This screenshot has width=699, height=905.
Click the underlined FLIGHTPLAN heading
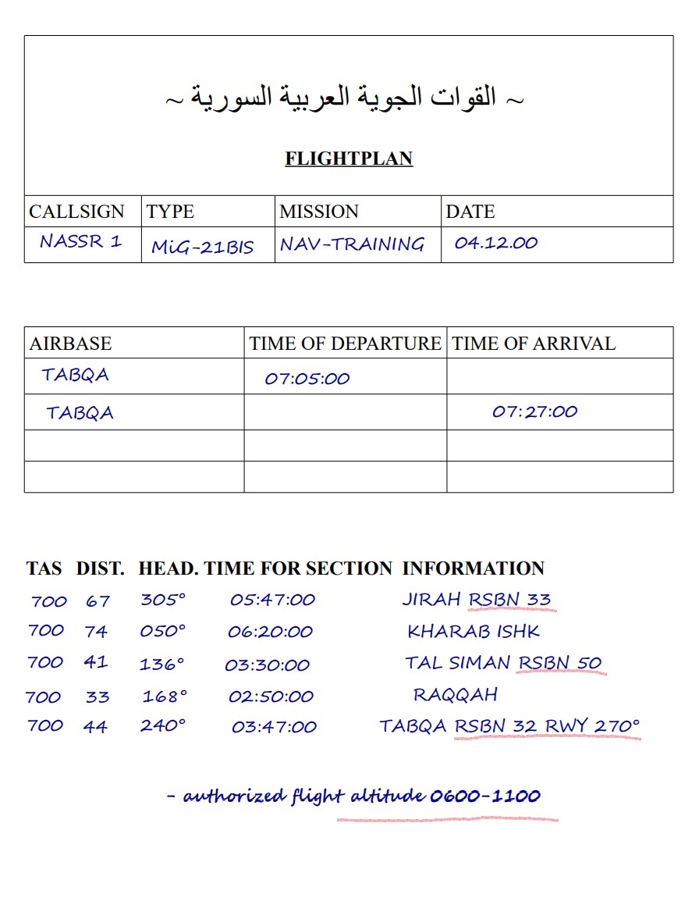pyautogui.click(x=349, y=159)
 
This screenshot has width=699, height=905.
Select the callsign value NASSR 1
pyautogui.click(x=80, y=241)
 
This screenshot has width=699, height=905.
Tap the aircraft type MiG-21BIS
pyautogui.click(x=203, y=247)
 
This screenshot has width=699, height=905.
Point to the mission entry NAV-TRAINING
pyautogui.click(x=352, y=244)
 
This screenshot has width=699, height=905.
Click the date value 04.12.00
pyautogui.click(x=496, y=243)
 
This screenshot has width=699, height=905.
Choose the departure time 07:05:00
pyautogui.click(x=307, y=379)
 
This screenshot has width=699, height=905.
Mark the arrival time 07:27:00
pyautogui.click(x=534, y=412)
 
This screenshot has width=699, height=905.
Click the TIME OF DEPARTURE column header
pyautogui.click(x=345, y=344)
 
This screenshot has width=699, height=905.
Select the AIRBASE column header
pyautogui.click(x=70, y=344)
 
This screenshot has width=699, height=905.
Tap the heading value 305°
pyautogui.click(x=163, y=600)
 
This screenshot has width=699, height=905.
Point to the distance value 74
pyautogui.click(x=96, y=632)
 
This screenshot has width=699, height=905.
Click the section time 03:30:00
pyautogui.click(x=267, y=665)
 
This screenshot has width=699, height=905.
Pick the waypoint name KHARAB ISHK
pyautogui.click(x=474, y=631)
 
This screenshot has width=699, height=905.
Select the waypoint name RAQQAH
pyautogui.click(x=455, y=694)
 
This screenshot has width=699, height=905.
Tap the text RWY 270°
pyautogui.click(x=592, y=726)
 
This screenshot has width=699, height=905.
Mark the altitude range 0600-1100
pyautogui.click(x=484, y=796)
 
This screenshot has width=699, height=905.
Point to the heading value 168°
pyautogui.click(x=165, y=696)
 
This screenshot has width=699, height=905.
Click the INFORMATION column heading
pyautogui.click(x=473, y=568)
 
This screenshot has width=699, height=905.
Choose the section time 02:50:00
pyautogui.click(x=271, y=697)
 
